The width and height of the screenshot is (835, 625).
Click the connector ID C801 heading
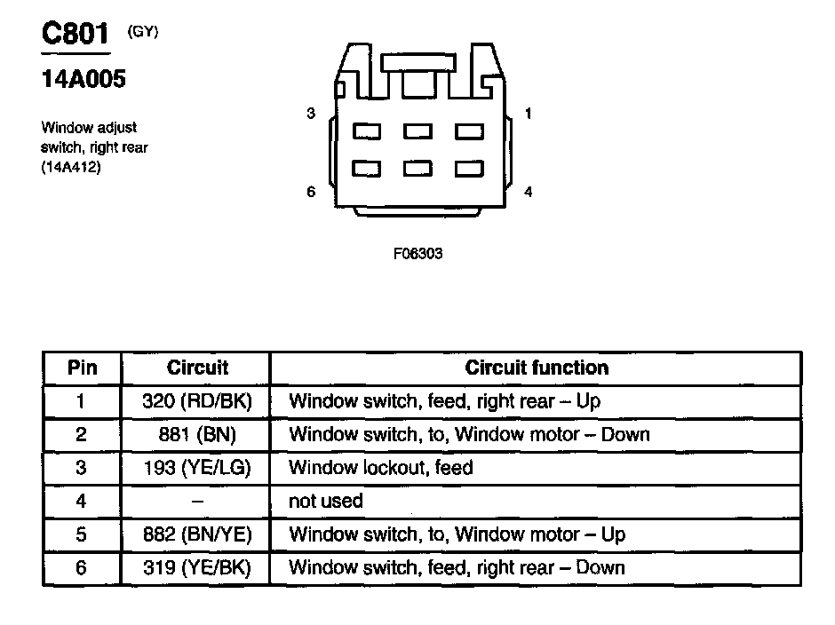(76, 35)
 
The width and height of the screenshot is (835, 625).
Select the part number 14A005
(83, 79)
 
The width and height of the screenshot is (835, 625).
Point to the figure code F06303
(417, 253)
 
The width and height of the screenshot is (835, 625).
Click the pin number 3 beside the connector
(310, 114)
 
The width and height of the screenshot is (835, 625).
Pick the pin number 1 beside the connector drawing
(529, 114)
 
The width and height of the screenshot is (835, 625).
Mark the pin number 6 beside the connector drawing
(310, 192)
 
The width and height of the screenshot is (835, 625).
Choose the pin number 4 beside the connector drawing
(529, 192)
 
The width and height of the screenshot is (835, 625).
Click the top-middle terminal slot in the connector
(417, 131)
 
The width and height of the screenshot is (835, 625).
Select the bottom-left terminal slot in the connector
(367, 168)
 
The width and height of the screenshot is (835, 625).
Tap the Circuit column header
(197, 368)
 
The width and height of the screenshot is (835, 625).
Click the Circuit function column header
(537, 368)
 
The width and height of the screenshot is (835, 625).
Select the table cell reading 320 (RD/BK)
(197, 401)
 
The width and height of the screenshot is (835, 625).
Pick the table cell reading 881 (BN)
(197, 434)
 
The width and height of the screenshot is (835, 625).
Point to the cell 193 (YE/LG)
(197, 468)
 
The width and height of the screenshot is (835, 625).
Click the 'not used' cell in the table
(326, 501)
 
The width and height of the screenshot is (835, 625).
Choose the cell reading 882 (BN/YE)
(197, 534)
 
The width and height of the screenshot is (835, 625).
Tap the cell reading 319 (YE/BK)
(197, 567)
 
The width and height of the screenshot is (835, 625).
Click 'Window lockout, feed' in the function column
(381, 468)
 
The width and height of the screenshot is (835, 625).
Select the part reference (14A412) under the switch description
(71, 166)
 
